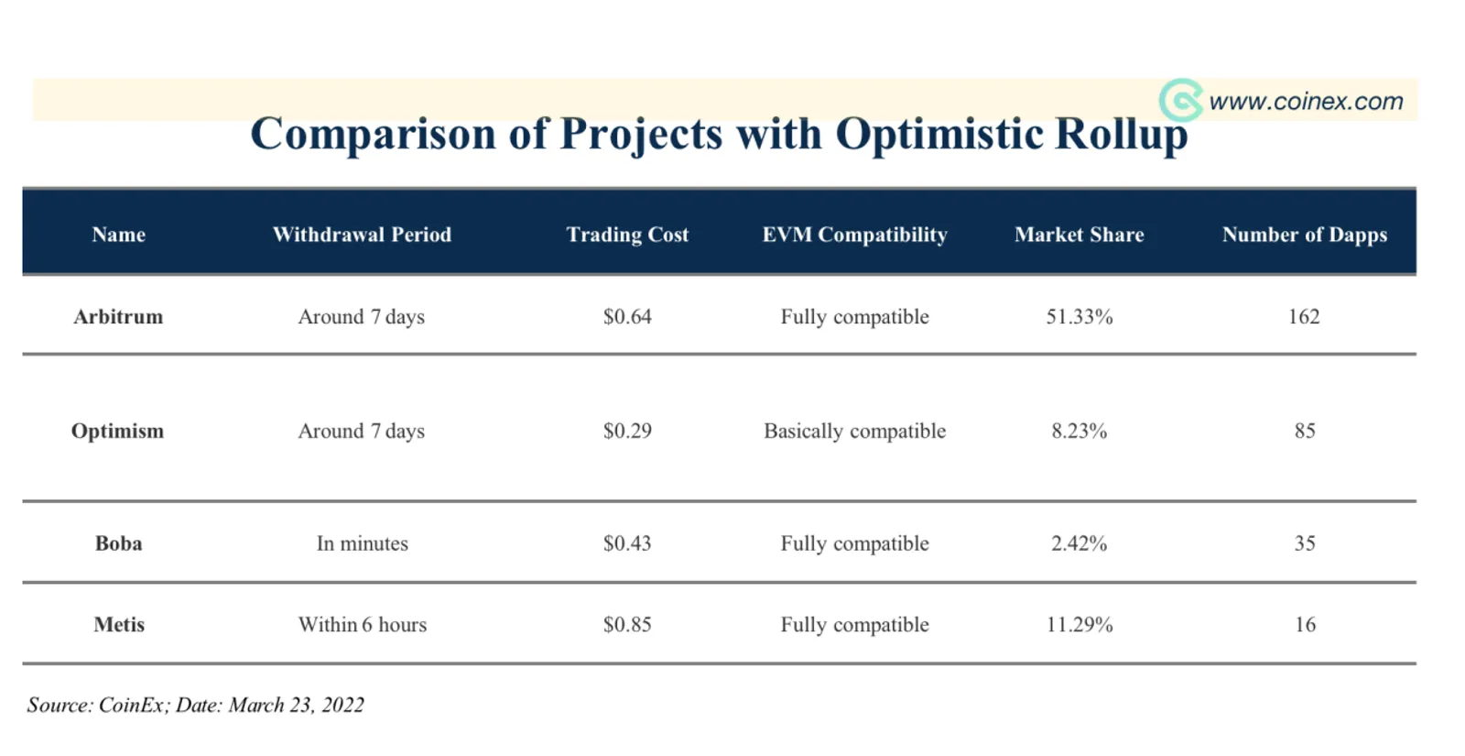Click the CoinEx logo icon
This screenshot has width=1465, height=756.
point(1180,100)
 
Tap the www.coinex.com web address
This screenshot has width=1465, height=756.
point(1306,102)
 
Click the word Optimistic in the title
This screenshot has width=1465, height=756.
point(939,134)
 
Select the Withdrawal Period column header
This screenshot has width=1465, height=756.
point(362,235)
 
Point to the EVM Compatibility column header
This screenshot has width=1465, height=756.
point(855,235)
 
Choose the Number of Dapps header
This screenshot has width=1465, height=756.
point(1305,235)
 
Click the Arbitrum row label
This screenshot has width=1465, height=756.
point(118,317)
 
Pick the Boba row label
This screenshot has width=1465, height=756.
point(118,543)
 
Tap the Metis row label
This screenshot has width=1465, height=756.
point(119,624)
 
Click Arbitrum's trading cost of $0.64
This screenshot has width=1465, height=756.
point(627,317)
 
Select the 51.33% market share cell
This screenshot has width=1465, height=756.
point(1080,317)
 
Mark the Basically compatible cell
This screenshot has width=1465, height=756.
point(855,432)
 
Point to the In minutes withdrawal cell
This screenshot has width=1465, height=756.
point(362,543)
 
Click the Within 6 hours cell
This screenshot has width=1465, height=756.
point(363,624)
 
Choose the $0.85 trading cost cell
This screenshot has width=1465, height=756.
point(627,624)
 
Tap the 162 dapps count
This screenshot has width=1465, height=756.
point(1304,317)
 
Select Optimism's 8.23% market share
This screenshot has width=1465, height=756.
point(1080,432)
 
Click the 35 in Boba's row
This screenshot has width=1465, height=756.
point(1305,543)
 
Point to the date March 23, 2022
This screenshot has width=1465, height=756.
point(297,705)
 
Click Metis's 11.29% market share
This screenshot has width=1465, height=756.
point(1080,624)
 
